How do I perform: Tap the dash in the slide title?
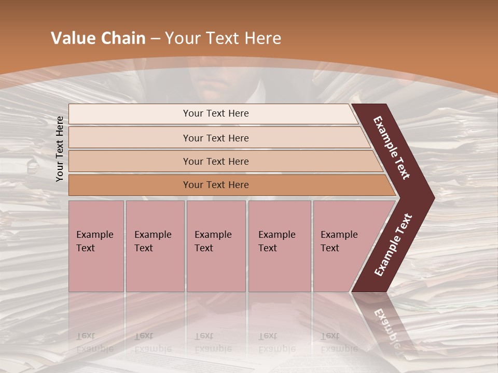click(x=155, y=39)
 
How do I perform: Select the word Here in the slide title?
click(x=262, y=38)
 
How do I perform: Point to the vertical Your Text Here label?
click(x=60, y=149)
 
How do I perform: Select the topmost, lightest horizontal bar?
click(x=213, y=113)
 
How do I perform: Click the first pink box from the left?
click(x=96, y=246)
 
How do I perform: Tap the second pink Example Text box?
click(x=155, y=246)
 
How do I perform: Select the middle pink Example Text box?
click(x=216, y=246)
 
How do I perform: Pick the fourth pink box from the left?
click(x=279, y=246)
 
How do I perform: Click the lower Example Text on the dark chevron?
click(x=393, y=245)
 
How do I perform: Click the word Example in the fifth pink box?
click(x=339, y=235)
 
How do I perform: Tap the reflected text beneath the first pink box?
click(x=94, y=342)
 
